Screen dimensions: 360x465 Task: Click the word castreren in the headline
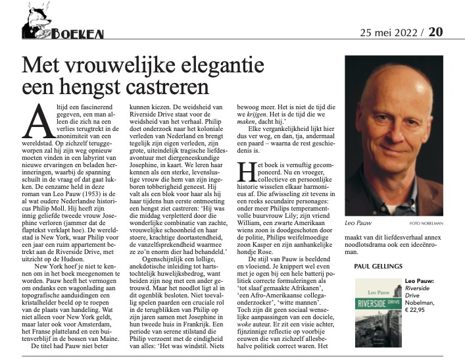(157, 86)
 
